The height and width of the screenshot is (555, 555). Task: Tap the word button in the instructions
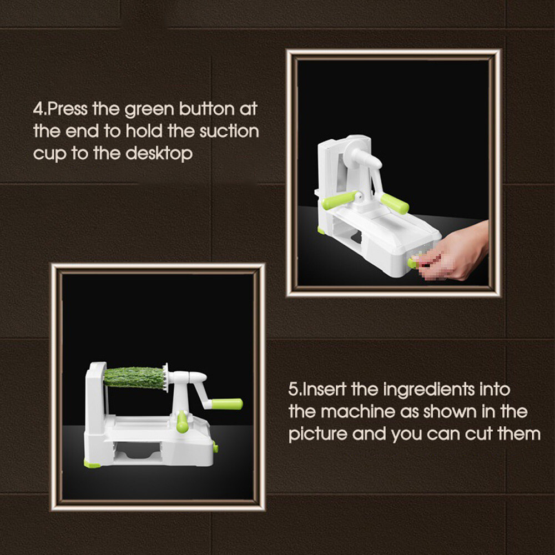206,108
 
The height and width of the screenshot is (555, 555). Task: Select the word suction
229,131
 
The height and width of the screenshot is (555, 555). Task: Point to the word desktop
159,154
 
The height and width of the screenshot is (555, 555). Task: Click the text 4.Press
60,108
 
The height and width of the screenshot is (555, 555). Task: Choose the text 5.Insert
317,389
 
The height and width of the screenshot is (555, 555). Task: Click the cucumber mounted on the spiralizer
134,377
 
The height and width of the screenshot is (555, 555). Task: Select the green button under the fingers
412,263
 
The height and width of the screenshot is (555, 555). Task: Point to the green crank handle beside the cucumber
227,404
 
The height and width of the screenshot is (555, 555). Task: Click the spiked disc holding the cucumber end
165,377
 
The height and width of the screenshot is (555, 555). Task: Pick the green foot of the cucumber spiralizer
92,463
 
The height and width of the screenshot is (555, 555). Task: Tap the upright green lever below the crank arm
182,422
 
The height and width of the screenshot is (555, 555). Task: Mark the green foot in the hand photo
321,231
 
